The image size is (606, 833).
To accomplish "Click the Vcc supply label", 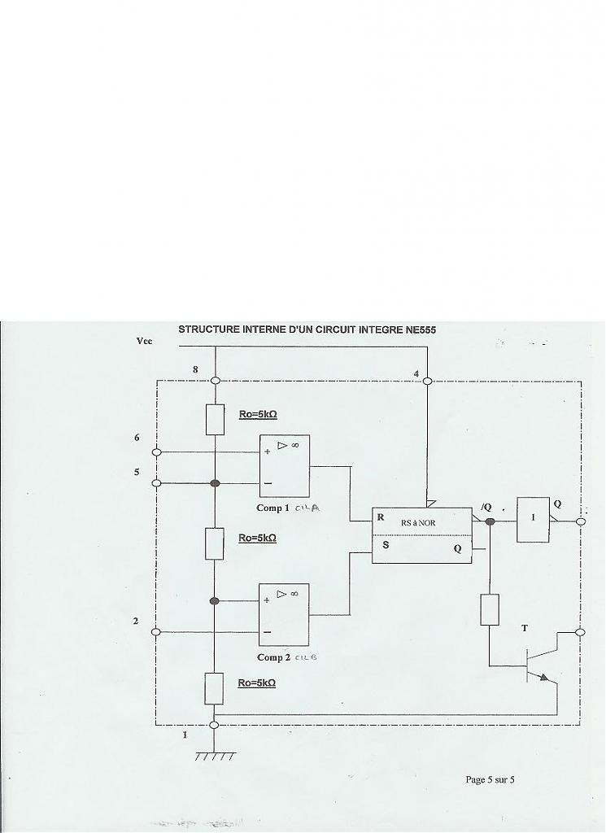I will tap(144, 342).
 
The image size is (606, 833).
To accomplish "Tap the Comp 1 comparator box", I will tap(284, 466).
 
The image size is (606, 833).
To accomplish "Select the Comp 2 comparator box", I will tap(283, 614).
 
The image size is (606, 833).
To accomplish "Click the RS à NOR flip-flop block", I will tap(421, 534).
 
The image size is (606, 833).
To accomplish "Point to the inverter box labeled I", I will tap(533, 519).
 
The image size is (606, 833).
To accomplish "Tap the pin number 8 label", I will tap(195, 370).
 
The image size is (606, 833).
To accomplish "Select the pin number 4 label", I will tap(416, 375).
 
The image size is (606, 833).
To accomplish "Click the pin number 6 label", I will tap(137, 438).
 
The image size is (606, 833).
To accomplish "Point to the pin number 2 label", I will tap(136, 621).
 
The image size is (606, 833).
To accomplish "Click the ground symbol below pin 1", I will tap(214, 754).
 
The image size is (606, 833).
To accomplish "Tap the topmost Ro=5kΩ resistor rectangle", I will tap(215, 419).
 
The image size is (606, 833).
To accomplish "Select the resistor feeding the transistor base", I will tap(490, 609).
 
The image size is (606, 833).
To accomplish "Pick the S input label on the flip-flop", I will tap(385, 546).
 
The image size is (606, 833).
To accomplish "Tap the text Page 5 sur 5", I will tap(490, 779).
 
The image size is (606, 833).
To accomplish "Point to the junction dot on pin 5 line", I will tap(215, 483).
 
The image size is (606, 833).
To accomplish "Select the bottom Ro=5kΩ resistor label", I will tap(256, 683).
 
